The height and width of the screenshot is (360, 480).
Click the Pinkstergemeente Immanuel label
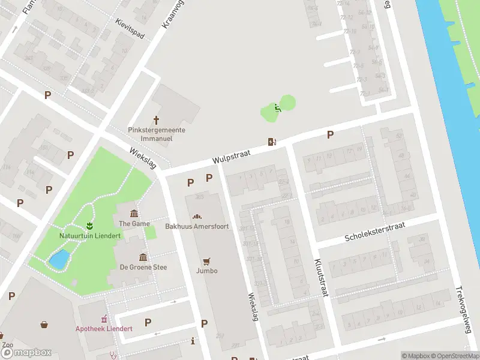(x=157, y=133)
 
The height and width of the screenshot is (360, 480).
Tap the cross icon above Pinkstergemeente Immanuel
(x=157, y=120)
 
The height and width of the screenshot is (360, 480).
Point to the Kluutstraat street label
(x=322, y=277)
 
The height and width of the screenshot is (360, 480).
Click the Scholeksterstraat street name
(x=375, y=232)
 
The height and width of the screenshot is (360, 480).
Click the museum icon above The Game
(x=134, y=214)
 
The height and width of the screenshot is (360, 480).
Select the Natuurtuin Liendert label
(x=89, y=236)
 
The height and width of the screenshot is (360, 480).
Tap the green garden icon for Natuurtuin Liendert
(x=90, y=226)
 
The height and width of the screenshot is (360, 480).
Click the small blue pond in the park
(x=59, y=260)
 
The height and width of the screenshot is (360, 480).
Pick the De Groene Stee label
(x=143, y=267)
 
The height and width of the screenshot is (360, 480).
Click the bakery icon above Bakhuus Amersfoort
(x=197, y=216)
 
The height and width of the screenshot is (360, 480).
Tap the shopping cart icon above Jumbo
(x=207, y=261)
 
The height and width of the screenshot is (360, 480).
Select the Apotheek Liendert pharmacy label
(x=104, y=328)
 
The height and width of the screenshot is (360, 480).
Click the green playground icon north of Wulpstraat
(x=277, y=108)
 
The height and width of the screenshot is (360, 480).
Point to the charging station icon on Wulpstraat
(x=272, y=142)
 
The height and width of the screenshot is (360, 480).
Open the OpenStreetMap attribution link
(x=453, y=356)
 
